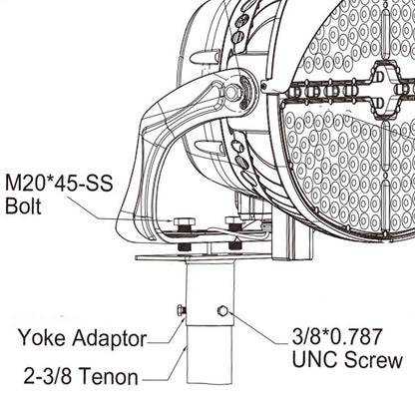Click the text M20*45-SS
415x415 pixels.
pos(61,187)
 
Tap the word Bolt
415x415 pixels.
pos(24,208)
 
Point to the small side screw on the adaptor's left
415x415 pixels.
pos(181,310)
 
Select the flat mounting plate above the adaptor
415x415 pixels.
pos(200,257)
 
